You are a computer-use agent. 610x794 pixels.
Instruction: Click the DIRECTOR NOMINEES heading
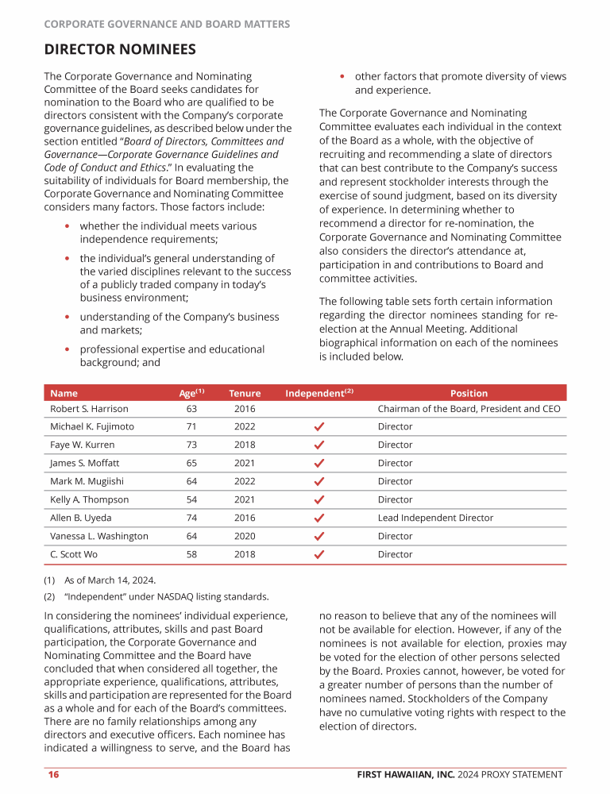(x=119, y=50)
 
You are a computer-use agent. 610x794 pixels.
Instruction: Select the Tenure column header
(x=245, y=393)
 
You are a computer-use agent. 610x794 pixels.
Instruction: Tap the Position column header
(x=469, y=393)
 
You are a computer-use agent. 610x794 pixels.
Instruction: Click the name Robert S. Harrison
(x=89, y=409)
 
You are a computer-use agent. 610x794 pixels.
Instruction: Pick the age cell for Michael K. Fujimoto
(x=191, y=426)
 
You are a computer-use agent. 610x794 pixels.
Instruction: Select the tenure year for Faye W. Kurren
(x=245, y=445)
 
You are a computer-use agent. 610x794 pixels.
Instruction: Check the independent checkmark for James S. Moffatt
(x=319, y=463)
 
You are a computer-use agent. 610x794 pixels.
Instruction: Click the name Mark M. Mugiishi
(x=87, y=481)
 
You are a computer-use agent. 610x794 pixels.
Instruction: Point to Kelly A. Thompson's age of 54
(x=191, y=499)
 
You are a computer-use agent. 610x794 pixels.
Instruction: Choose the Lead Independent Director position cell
(x=435, y=518)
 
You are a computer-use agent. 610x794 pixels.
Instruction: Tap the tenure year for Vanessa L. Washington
(x=245, y=536)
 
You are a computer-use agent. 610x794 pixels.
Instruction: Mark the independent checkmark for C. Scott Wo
(x=319, y=554)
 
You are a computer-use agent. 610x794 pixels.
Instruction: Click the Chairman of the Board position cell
(x=469, y=409)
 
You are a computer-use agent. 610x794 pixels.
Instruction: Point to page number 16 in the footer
(x=53, y=775)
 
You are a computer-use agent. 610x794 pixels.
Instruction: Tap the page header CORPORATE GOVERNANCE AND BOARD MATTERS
(x=167, y=25)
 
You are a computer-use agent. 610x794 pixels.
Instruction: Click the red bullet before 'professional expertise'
(x=68, y=349)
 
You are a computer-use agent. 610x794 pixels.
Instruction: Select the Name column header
(x=64, y=393)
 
